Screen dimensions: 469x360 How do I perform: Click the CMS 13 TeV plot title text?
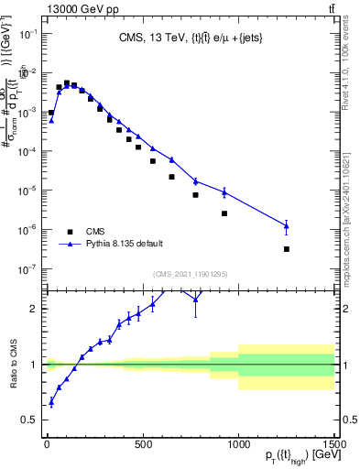pos(189,38)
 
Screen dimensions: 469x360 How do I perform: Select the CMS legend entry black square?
pos(66,232)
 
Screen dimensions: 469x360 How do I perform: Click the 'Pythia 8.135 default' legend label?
pos(125,245)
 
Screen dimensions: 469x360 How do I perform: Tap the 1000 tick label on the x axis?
pos(238,446)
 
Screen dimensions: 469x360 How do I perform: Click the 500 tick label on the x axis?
pos(143,446)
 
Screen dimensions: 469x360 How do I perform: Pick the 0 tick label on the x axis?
pos(47,446)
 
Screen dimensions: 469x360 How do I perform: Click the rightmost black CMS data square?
pos(287,249)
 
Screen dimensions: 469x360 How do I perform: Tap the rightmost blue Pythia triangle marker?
pos(287,225)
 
